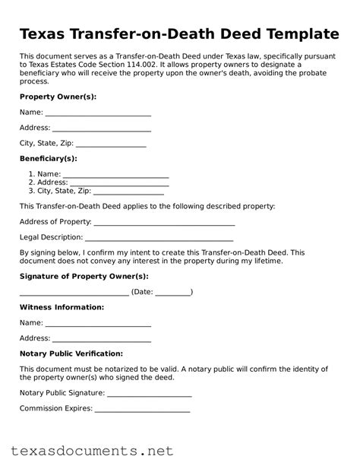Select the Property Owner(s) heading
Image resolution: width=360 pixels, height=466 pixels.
[57, 97]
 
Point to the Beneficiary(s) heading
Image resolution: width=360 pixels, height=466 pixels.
[48, 158]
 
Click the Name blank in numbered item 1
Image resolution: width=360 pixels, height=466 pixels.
[115, 175]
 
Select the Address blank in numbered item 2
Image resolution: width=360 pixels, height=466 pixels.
[120, 183]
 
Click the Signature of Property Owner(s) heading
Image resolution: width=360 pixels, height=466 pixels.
[84, 276]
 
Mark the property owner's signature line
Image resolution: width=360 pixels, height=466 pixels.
[74, 292]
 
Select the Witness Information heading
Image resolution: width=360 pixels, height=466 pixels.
[61, 307]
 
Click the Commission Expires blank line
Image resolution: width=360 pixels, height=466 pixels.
[142, 408]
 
